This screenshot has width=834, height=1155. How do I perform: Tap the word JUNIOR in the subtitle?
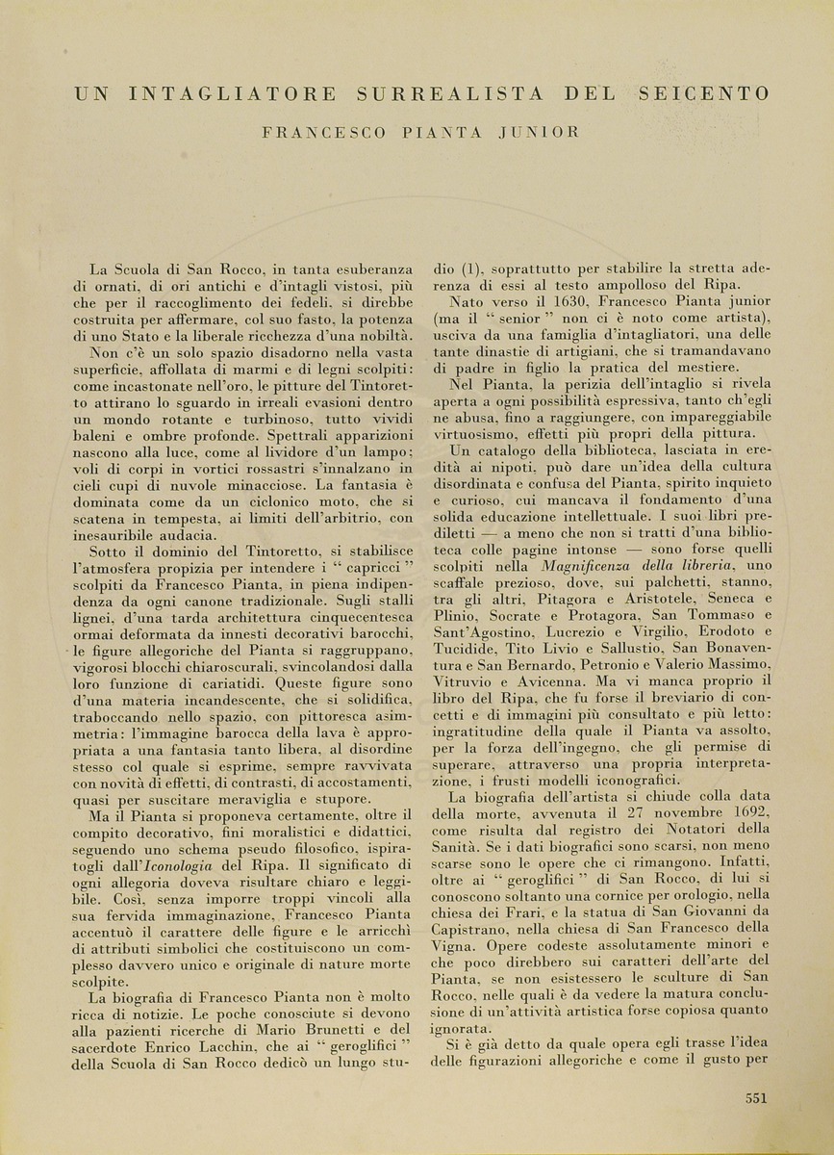(x=539, y=132)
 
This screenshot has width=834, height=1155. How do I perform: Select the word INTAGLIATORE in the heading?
(x=233, y=94)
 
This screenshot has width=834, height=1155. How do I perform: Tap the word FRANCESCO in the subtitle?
(x=313, y=132)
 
